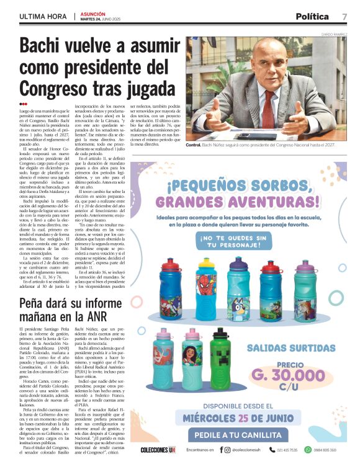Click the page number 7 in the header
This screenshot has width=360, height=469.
pos(344,16)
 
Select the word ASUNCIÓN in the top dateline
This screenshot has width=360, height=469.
pos(93,13)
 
